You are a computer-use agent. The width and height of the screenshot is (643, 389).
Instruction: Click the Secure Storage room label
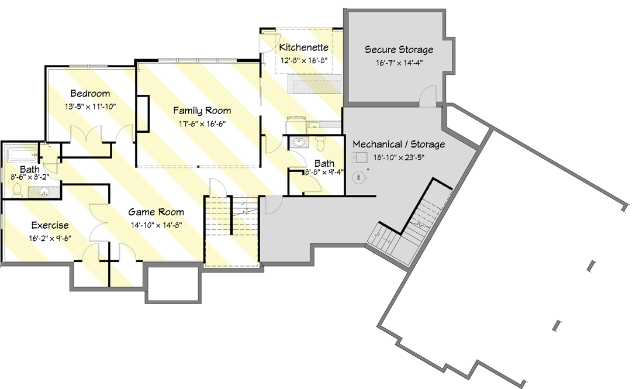399,50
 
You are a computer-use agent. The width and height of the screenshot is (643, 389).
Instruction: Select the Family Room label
202,111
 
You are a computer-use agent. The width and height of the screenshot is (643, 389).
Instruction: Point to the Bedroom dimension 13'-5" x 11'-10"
90,106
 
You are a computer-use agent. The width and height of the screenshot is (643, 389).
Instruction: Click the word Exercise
50,225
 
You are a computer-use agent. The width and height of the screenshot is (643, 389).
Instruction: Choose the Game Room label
156,212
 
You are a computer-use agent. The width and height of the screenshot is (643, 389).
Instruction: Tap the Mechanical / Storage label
399,144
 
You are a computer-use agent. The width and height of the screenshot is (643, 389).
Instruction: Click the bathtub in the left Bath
22,155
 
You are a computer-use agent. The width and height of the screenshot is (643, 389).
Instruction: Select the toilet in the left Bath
18,189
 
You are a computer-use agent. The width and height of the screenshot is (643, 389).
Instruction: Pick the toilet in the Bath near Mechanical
320,143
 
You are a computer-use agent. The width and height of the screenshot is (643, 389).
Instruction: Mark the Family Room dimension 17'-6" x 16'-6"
201,123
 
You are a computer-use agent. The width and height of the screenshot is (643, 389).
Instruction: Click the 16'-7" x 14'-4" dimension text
399,63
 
